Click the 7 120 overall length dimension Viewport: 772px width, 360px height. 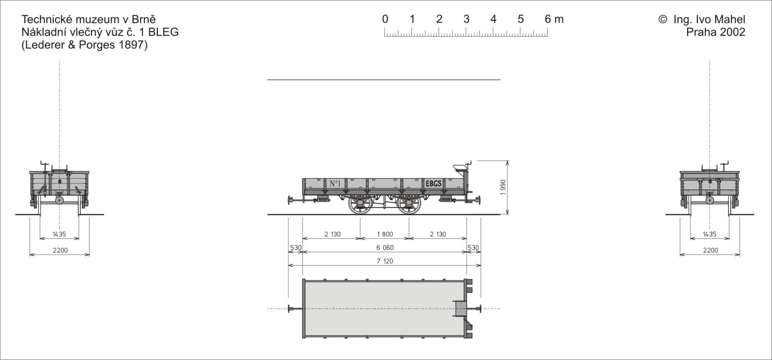tap(385, 261)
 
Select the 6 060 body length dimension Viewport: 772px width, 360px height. tap(385, 248)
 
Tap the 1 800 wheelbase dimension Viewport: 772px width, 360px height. tap(385, 234)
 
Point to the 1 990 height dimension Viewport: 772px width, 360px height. tap(503, 188)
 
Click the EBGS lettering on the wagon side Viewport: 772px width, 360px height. tap(433, 183)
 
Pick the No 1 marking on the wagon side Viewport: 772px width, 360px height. tap(335, 183)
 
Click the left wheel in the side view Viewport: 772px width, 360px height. tap(360, 205)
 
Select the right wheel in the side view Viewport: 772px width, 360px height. tap(409, 205)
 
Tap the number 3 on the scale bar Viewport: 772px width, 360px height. tap(466, 19)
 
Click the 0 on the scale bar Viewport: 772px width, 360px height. tap(385, 19)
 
